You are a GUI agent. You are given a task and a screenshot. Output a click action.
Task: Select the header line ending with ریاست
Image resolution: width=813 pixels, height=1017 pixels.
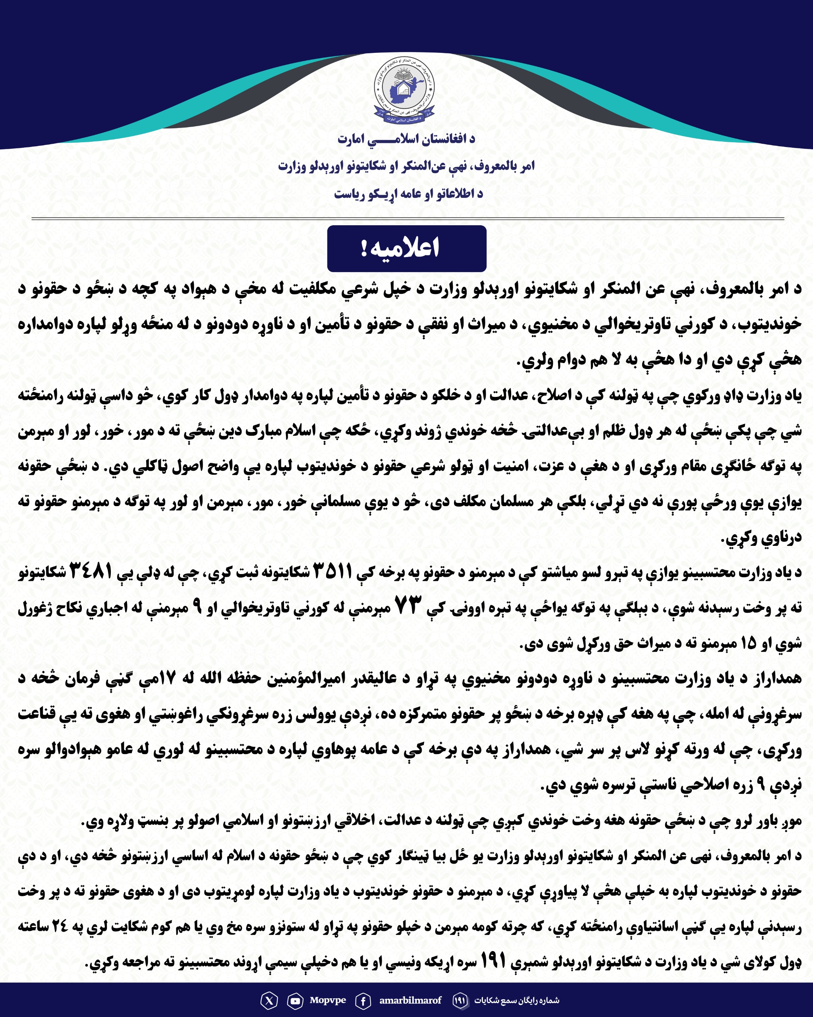[408, 194]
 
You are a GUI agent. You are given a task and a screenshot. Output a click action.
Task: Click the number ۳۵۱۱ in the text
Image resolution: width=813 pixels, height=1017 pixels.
[333, 571]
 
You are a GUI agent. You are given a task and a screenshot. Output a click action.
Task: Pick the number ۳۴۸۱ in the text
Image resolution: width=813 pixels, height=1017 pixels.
[91, 571]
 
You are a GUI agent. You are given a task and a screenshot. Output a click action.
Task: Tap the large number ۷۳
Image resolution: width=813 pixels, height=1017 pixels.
[408, 606]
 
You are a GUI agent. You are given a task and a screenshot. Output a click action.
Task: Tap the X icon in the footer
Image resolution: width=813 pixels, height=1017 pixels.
[269, 1000]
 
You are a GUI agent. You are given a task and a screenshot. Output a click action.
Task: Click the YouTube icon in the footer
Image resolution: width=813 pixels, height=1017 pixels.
[295, 1000]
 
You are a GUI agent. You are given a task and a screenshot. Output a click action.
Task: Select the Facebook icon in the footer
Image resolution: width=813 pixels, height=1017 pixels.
[363, 1000]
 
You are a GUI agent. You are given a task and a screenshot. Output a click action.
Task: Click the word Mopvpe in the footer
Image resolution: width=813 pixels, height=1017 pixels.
[328, 1000]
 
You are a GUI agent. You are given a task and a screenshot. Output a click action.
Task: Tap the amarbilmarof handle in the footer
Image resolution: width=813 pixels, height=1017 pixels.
[410, 1000]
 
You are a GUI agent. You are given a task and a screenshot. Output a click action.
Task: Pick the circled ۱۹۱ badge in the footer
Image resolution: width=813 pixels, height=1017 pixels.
[460, 1000]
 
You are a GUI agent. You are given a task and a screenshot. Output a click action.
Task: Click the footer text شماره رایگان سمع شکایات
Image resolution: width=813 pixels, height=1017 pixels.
[516, 1000]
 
